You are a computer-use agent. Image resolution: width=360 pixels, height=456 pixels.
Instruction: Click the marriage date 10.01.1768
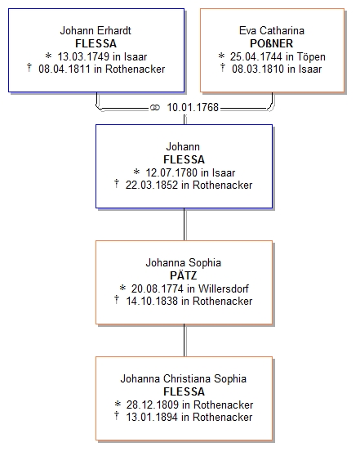193,107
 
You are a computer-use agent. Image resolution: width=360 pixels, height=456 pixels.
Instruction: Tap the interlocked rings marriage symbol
155,108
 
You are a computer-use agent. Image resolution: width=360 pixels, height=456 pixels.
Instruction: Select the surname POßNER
272,43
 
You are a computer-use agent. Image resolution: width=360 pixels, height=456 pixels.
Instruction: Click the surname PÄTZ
184,275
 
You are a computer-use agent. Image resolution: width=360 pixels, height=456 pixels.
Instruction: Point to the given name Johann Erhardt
96,30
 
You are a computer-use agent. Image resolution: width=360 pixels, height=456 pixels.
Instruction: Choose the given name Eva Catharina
272,30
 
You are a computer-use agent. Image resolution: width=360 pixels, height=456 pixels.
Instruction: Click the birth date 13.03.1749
83,56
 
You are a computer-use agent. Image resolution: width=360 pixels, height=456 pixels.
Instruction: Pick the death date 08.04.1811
64,69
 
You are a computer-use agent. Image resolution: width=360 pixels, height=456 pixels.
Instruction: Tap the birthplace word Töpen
311,56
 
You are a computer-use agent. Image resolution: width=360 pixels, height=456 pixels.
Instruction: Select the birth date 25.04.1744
256,56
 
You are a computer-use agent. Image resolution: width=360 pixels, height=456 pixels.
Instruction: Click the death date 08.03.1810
258,69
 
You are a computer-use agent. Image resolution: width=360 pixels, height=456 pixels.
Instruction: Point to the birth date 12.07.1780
171,172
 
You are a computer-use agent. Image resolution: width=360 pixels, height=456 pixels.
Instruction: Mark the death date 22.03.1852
151,185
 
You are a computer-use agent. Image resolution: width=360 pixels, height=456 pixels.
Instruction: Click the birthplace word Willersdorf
224,288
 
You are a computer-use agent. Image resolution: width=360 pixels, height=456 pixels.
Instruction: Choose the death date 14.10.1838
152,301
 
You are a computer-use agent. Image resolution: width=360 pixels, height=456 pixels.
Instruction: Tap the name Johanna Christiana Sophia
184,378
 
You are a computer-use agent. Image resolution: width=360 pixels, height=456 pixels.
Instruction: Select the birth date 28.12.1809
152,405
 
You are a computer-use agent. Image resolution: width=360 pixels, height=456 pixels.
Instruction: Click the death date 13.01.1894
152,417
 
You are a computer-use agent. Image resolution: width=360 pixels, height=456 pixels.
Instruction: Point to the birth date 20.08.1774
158,288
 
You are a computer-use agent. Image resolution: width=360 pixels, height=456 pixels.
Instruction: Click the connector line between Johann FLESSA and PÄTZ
184,224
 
